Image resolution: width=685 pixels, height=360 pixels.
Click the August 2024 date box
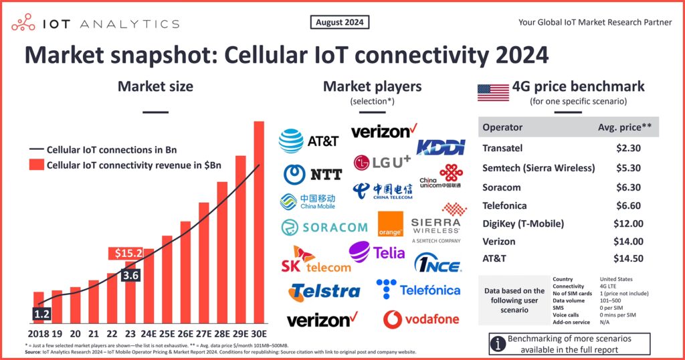pos(340,23)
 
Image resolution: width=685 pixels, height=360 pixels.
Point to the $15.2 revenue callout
pos(126,254)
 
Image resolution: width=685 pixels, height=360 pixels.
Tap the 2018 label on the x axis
pos(41,333)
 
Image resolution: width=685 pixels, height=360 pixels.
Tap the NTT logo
pos(312,174)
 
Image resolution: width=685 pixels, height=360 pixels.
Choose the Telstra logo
pos(324,292)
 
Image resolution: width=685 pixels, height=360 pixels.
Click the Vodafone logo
pos(421,319)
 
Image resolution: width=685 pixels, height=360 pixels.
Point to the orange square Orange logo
pos(391,224)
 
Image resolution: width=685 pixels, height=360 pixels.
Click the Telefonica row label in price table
pos(504,205)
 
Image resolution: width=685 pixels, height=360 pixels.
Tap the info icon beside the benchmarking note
pos(498,345)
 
